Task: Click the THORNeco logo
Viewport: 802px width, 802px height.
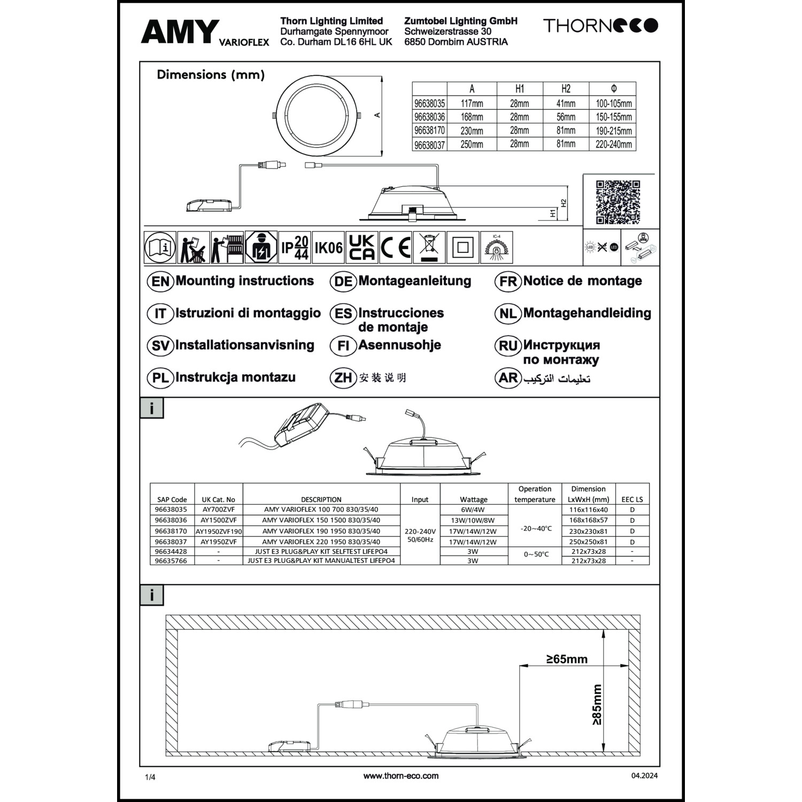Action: pos(600,25)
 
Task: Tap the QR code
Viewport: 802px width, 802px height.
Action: pos(618,202)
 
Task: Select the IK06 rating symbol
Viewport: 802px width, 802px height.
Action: pos(328,248)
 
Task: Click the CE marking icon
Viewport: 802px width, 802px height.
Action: pos(396,248)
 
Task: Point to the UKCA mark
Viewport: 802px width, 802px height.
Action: pos(362,248)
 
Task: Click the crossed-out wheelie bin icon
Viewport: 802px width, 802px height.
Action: pos(429,248)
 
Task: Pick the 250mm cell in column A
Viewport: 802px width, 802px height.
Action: pos(472,144)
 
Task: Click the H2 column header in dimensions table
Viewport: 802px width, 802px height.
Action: pos(566,89)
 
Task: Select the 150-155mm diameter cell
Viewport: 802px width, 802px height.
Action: pos(613,117)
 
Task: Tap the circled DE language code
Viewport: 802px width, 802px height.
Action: pos(343,282)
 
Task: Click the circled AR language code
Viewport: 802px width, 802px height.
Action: pos(508,378)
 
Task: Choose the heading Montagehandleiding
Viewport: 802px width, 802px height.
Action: pos(587,313)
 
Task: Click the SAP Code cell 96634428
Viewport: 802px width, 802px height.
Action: pos(171,551)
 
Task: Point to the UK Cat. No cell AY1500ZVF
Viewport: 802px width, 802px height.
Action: pos(218,520)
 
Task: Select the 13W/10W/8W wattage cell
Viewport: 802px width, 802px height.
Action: pos(473,520)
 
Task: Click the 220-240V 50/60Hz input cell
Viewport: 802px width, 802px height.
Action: pos(420,535)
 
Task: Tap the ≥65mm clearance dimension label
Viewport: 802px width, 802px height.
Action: pos(567,659)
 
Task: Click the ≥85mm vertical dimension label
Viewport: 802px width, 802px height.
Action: pos(597,704)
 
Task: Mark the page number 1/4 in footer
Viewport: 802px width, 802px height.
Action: pos(150,777)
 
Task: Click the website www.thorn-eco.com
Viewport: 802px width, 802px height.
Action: pos(400,776)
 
